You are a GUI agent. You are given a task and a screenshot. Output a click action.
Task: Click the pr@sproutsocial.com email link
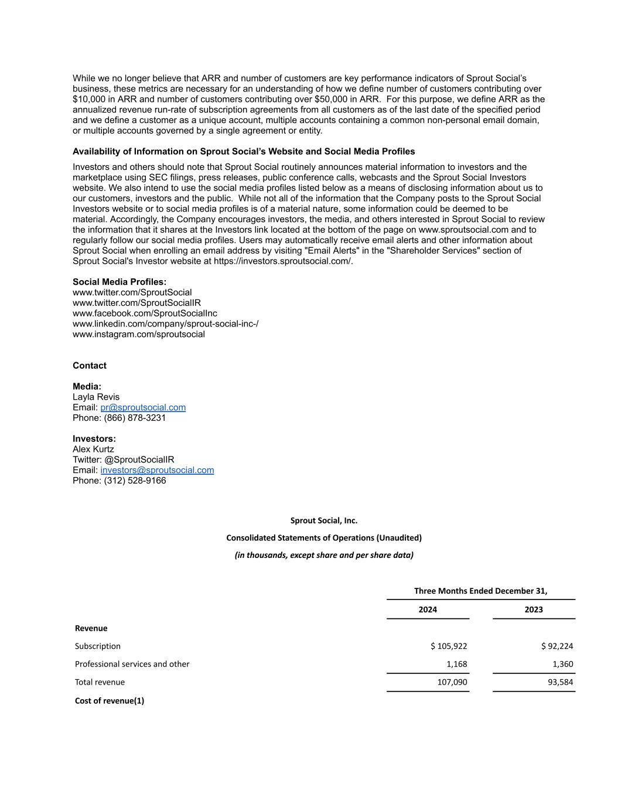point(143,407)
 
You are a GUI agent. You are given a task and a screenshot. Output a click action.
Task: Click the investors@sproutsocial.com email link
point(157,470)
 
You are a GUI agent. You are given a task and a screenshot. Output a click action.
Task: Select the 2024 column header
point(428,610)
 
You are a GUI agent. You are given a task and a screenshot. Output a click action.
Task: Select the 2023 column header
point(534,610)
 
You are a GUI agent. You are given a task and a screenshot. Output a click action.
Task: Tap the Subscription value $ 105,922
point(449,646)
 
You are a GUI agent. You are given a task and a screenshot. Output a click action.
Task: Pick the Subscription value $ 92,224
point(557,646)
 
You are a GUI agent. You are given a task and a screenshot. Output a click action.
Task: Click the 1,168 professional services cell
point(456,664)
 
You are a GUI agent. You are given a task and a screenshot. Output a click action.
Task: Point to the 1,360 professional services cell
point(562,664)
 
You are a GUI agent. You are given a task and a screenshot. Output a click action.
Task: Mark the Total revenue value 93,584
point(559,682)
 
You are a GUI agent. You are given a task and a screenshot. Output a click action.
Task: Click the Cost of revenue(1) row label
point(110,700)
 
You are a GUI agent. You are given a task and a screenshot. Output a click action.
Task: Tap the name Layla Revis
point(96,397)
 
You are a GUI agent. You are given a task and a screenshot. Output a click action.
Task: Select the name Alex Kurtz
point(93,449)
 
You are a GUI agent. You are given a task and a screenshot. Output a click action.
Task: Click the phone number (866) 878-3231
point(135,418)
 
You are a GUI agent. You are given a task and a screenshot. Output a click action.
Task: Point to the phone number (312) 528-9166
point(135,481)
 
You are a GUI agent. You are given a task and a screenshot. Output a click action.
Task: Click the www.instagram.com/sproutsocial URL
point(139,334)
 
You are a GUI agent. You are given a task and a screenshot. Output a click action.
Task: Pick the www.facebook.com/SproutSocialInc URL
point(145,313)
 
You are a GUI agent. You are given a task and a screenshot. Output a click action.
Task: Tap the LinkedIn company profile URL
point(165,324)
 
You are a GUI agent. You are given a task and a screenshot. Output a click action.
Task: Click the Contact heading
point(90,366)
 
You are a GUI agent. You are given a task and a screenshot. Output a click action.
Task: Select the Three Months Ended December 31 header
point(480,591)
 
